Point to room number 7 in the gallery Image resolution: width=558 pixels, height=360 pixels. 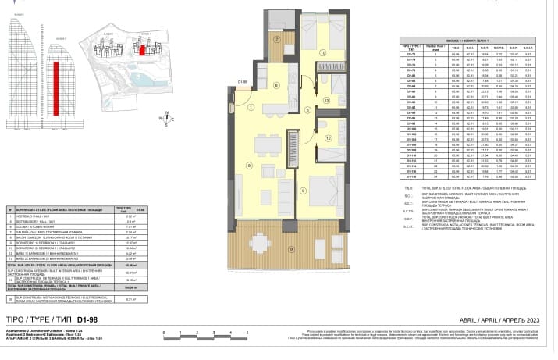(276, 39)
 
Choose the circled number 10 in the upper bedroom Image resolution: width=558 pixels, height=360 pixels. (322, 53)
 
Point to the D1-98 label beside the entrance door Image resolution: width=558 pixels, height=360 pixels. (243, 80)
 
